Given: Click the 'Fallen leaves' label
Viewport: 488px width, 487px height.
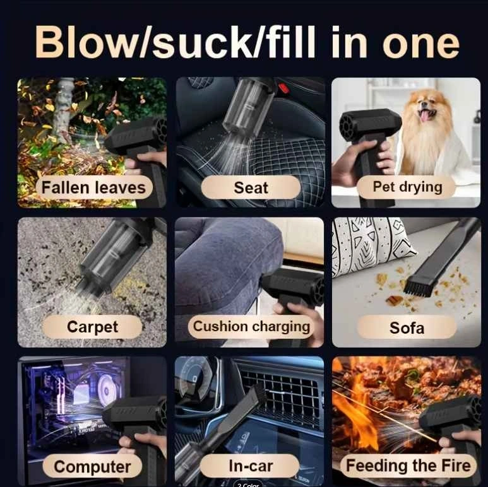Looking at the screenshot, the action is pos(94,187).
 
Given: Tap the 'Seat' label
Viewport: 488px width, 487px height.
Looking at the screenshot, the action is pos(251,187).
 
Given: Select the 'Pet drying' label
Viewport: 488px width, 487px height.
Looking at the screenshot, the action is pos(407,187).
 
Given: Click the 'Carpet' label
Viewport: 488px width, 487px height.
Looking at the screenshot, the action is pos(92,327).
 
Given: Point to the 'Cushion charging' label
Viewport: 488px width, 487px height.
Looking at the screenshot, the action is pos(251,327).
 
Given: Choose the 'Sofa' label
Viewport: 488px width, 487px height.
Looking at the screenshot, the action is pos(407,327).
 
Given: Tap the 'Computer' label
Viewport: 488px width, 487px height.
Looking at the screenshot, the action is pos(92,466).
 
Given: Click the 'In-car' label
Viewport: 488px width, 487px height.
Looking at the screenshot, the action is pos(251,466).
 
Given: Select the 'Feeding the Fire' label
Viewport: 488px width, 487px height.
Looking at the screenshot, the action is pos(408,466).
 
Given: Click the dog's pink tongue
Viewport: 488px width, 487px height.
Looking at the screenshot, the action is pos(424,115).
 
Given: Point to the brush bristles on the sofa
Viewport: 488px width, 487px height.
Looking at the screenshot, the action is pos(417,290).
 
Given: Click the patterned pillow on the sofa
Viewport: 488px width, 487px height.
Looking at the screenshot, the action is pos(371,245).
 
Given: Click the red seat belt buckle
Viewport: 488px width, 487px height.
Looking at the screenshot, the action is pos(283,88).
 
